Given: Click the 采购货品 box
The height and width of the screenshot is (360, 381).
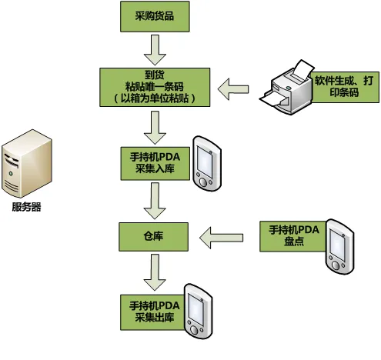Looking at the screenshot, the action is tap(155, 16).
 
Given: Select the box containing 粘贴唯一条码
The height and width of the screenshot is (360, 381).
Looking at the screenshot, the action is tap(155, 87).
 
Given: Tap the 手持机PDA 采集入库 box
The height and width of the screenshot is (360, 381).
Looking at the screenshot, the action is tap(155, 163).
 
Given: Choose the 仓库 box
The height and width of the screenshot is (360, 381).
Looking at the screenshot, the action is tap(153, 237).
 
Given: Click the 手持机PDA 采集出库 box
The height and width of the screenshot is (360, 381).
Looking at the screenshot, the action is tap(153, 312).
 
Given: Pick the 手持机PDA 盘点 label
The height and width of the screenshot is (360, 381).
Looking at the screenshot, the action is tap(294, 236).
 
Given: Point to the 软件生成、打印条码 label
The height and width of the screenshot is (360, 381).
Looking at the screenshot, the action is tap(345, 87).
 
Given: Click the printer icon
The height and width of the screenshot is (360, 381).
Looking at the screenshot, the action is tap(286, 87).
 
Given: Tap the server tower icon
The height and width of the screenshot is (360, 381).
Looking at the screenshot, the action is tap(27, 163).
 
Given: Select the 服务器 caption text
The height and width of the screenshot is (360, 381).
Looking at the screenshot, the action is tap(27, 207).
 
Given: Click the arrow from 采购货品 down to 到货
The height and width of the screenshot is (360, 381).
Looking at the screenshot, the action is tap(155, 50).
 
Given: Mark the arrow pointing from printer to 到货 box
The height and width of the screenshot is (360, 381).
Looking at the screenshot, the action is tap(233, 89).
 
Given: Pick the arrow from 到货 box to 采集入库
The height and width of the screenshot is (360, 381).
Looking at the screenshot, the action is tap(155, 128).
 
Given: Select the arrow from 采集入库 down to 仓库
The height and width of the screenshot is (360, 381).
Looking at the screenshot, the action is tap(155, 201).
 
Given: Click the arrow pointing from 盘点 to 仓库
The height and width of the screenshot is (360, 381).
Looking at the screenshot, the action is tap(221, 238).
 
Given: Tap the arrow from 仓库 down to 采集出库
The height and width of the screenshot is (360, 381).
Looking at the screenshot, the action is tap(155, 272).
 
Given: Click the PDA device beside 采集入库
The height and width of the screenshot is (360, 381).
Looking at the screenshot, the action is tap(207, 164).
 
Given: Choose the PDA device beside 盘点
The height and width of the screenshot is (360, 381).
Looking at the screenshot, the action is tap(340, 247).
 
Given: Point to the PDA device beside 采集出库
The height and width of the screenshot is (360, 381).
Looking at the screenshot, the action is tap(199, 312).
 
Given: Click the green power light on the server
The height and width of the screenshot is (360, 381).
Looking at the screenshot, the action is tap(11, 174).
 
